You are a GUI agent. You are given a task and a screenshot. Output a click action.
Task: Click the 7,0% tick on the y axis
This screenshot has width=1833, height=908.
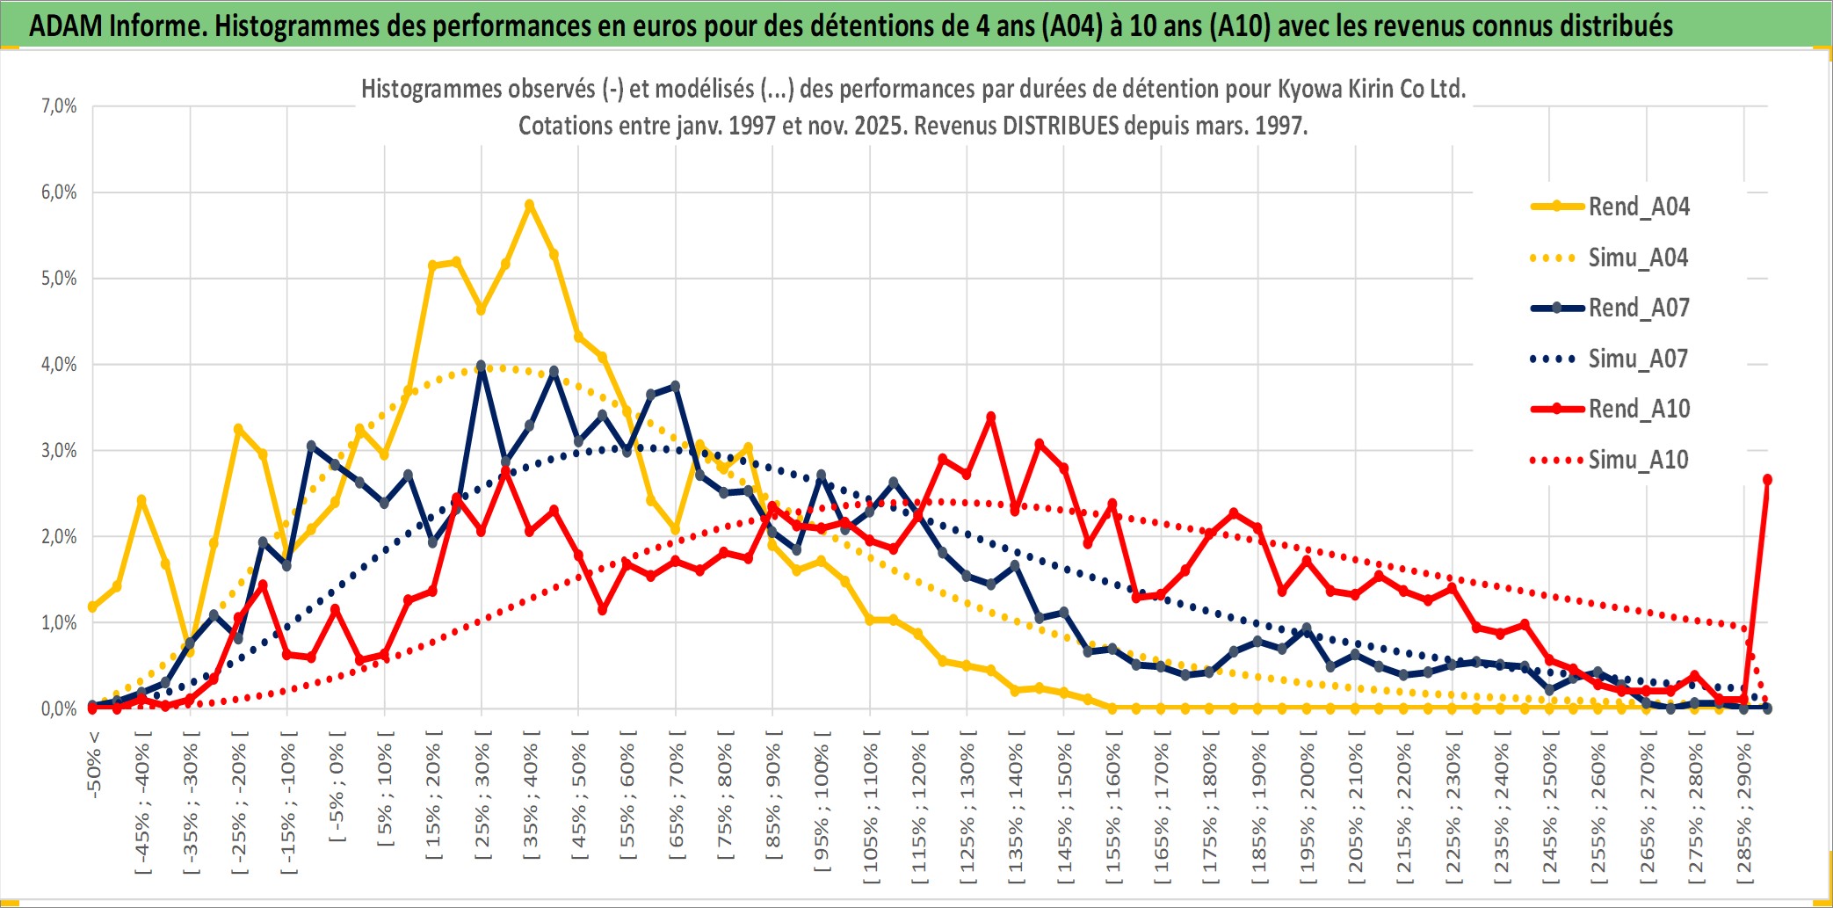[x=59, y=106]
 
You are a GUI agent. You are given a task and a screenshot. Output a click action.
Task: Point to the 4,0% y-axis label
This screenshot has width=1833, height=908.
[x=59, y=365]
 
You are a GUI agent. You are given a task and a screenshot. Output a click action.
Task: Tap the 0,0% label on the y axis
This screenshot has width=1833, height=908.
[x=59, y=709]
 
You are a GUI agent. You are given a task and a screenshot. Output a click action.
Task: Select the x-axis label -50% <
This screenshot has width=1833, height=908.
[x=94, y=765]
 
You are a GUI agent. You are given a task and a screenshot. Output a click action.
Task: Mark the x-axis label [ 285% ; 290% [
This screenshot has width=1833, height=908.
[x=1744, y=812]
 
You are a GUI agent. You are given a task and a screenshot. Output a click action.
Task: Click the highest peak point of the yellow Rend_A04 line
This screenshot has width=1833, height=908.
[x=529, y=205]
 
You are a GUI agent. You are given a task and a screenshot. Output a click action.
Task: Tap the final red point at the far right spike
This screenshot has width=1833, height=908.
[x=1767, y=480]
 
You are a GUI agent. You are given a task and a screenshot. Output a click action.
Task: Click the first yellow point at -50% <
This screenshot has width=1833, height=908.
[x=92, y=607]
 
